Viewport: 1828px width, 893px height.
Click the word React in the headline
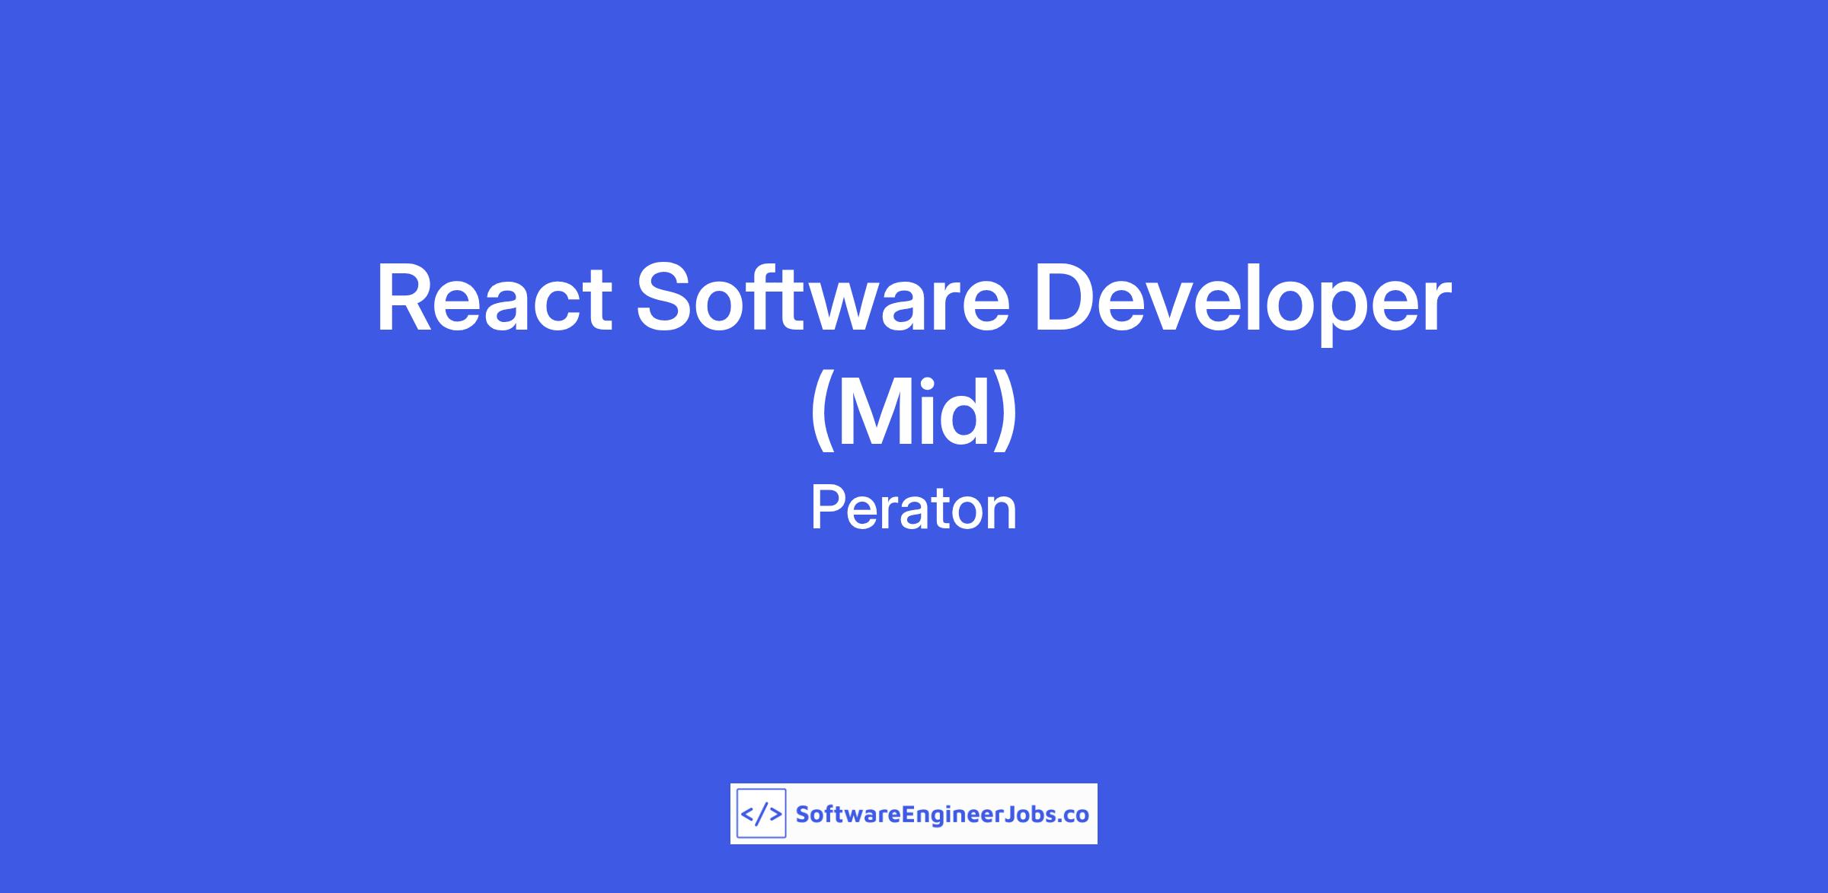coord(494,299)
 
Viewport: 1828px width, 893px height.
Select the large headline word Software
coord(823,298)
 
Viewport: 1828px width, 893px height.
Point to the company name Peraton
coord(913,509)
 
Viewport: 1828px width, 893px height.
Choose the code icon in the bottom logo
coord(761,814)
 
